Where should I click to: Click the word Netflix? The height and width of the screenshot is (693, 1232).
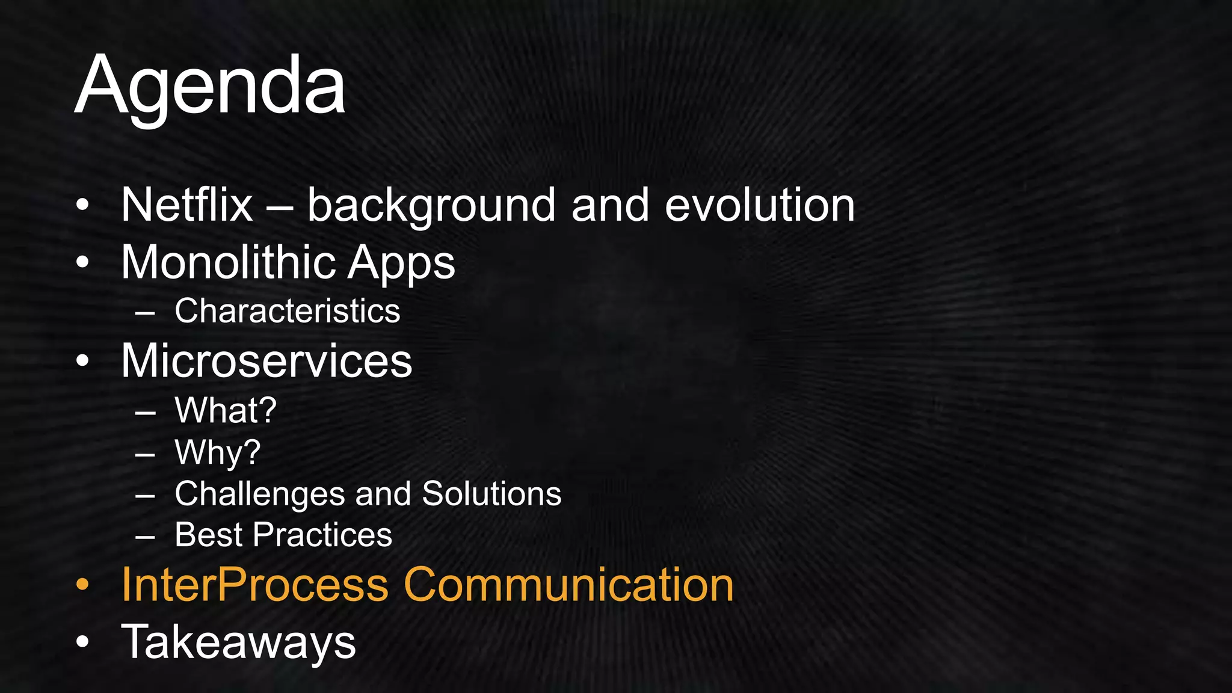coord(186,205)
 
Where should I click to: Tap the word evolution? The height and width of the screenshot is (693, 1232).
coord(759,205)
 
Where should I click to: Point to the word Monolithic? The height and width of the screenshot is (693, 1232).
coord(229,262)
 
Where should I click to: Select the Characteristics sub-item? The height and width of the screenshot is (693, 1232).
coord(287,311)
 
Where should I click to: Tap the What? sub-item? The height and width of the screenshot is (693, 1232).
coord(226,410)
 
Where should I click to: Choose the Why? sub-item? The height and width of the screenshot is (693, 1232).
coord(217,452)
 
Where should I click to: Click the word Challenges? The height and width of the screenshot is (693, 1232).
coord(259,494)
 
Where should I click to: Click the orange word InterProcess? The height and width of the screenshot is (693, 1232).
coord(255,584)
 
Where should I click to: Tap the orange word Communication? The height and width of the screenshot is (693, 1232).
coord(568,584)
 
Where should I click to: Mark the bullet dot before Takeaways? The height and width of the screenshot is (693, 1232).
coord(83,642)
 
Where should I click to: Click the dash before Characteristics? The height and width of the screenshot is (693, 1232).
coord(145,313)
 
